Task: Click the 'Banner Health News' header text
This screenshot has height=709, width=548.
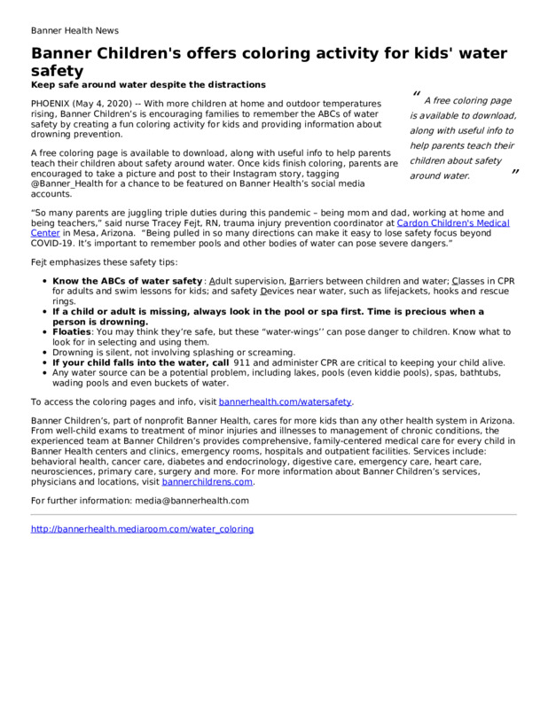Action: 74,29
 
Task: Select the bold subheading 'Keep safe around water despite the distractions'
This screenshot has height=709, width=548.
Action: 148,85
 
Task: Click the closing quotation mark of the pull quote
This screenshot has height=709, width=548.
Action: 514,172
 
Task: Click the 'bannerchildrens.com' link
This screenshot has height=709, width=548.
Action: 207,483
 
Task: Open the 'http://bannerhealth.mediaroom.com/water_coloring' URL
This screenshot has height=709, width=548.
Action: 142,529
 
